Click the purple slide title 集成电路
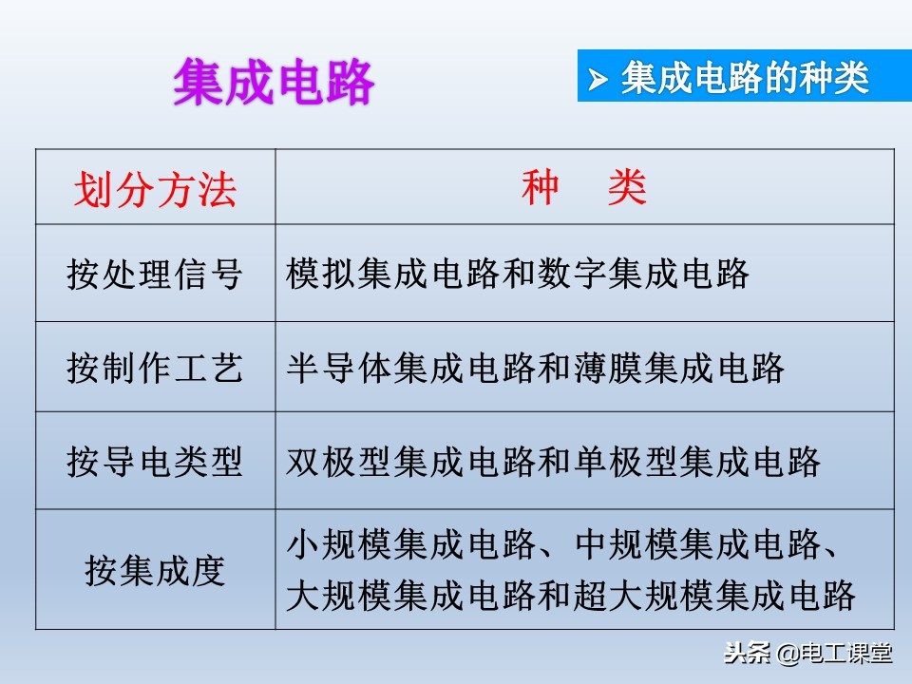point(274,84)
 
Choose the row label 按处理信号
point(155,275)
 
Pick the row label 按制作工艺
point(155,368)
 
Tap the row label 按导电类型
point(155,463)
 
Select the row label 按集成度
point(155,571)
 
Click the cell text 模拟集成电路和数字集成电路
point(518,275)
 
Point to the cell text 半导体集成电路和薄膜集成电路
point(535,368)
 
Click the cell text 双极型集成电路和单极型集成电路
point(553,463)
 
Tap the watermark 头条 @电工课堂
point(808,654)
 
